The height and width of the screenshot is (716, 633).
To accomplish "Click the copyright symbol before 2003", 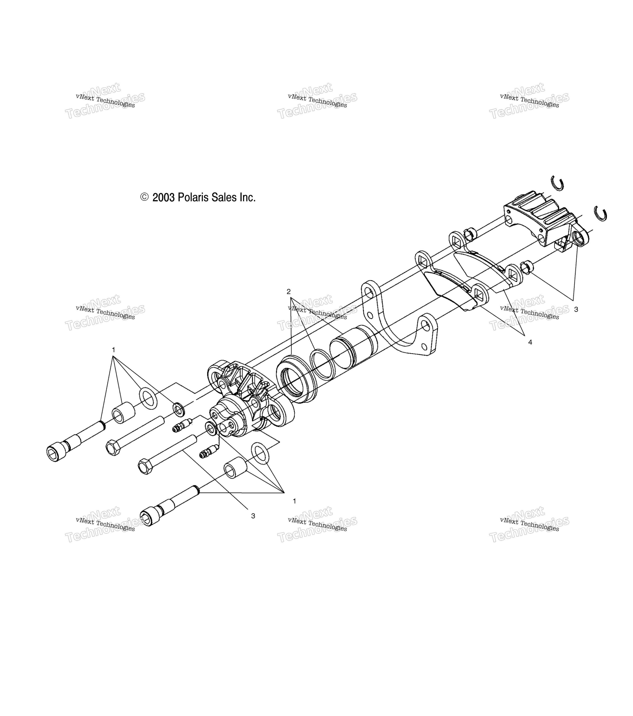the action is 144,197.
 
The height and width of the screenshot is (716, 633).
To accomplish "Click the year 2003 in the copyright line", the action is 163,197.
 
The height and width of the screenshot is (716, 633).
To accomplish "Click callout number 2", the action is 288,291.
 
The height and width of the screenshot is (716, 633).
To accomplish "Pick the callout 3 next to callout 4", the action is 576,309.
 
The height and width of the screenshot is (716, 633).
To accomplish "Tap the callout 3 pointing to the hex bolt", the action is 253,516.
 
